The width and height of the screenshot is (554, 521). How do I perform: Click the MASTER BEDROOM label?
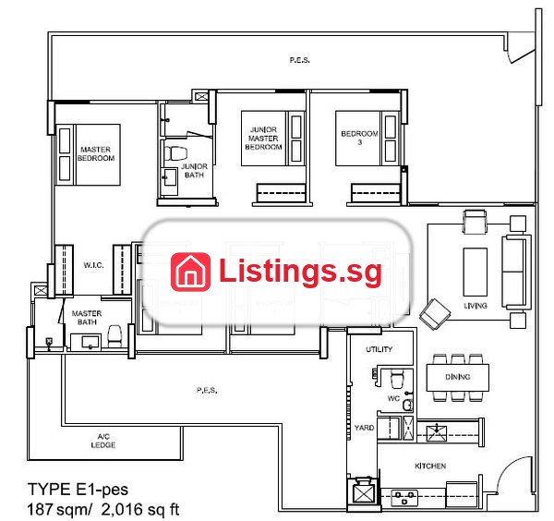[96, 153]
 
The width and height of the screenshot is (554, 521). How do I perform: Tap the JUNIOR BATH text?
[194, 170]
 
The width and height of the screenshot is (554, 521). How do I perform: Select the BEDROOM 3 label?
[359, 138]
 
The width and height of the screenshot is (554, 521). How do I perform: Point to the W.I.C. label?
[93, 265]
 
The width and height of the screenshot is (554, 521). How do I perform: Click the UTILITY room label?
[379, 349]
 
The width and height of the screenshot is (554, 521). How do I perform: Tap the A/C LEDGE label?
[103, 441]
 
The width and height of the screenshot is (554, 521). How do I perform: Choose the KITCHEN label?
[430, 466]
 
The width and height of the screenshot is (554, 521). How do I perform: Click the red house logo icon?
[190, 272]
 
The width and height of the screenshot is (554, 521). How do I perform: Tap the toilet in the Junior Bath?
[175, 153]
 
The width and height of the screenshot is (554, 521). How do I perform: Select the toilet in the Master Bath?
[114, 336]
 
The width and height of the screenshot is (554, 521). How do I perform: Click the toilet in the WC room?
[397, 379]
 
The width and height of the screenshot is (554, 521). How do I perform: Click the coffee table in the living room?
[476, 272]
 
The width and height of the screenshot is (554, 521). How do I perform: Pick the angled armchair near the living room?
[435, 314]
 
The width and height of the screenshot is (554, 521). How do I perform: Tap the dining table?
[458, 377]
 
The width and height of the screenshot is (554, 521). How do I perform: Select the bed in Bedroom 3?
[367, 139]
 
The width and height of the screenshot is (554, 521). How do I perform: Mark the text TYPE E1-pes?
[78, 490]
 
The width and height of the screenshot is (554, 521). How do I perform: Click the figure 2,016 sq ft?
[140, 509]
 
